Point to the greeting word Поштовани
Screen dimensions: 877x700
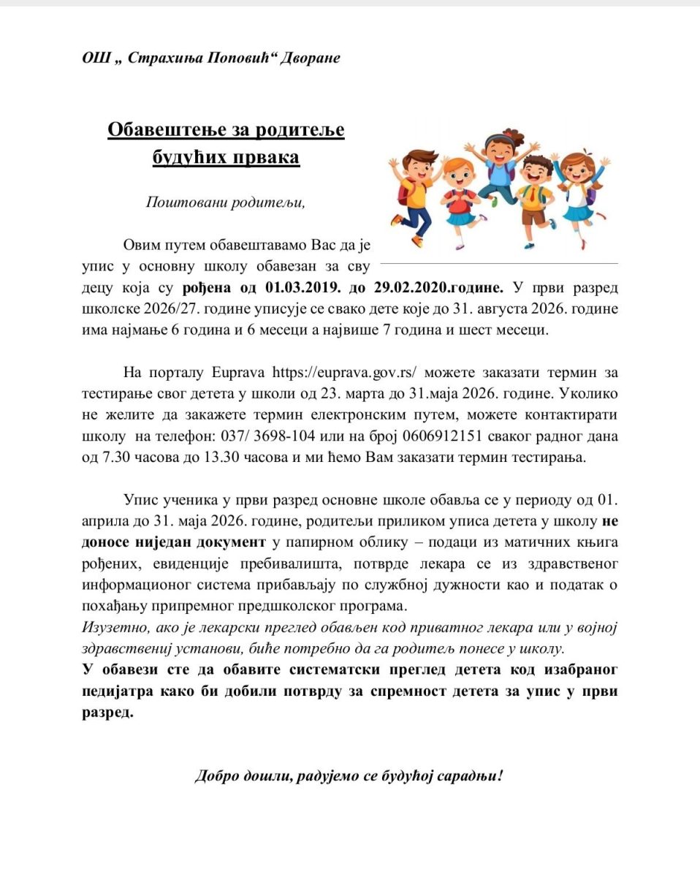(x=182, y=202)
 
